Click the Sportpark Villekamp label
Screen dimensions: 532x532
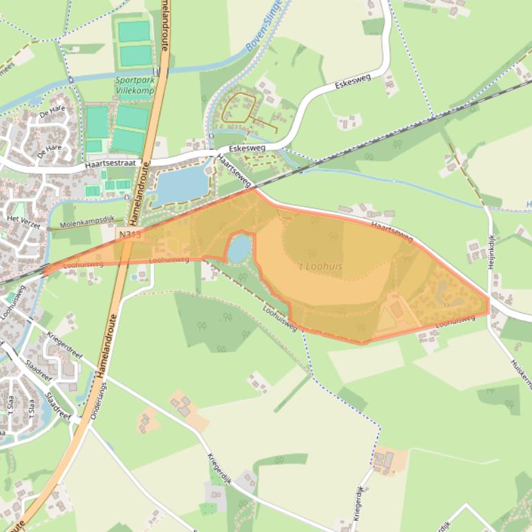click(x=134, y=85)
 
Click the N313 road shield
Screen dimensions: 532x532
click(x=129, y=235)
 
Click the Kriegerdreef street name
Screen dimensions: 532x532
click(x=65, y=346)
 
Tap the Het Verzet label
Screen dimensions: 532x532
click(x=23, y=222)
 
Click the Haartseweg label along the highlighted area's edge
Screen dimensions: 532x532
click(x=391, y=232)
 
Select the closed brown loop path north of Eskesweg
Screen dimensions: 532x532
click(x=238, y=108)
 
